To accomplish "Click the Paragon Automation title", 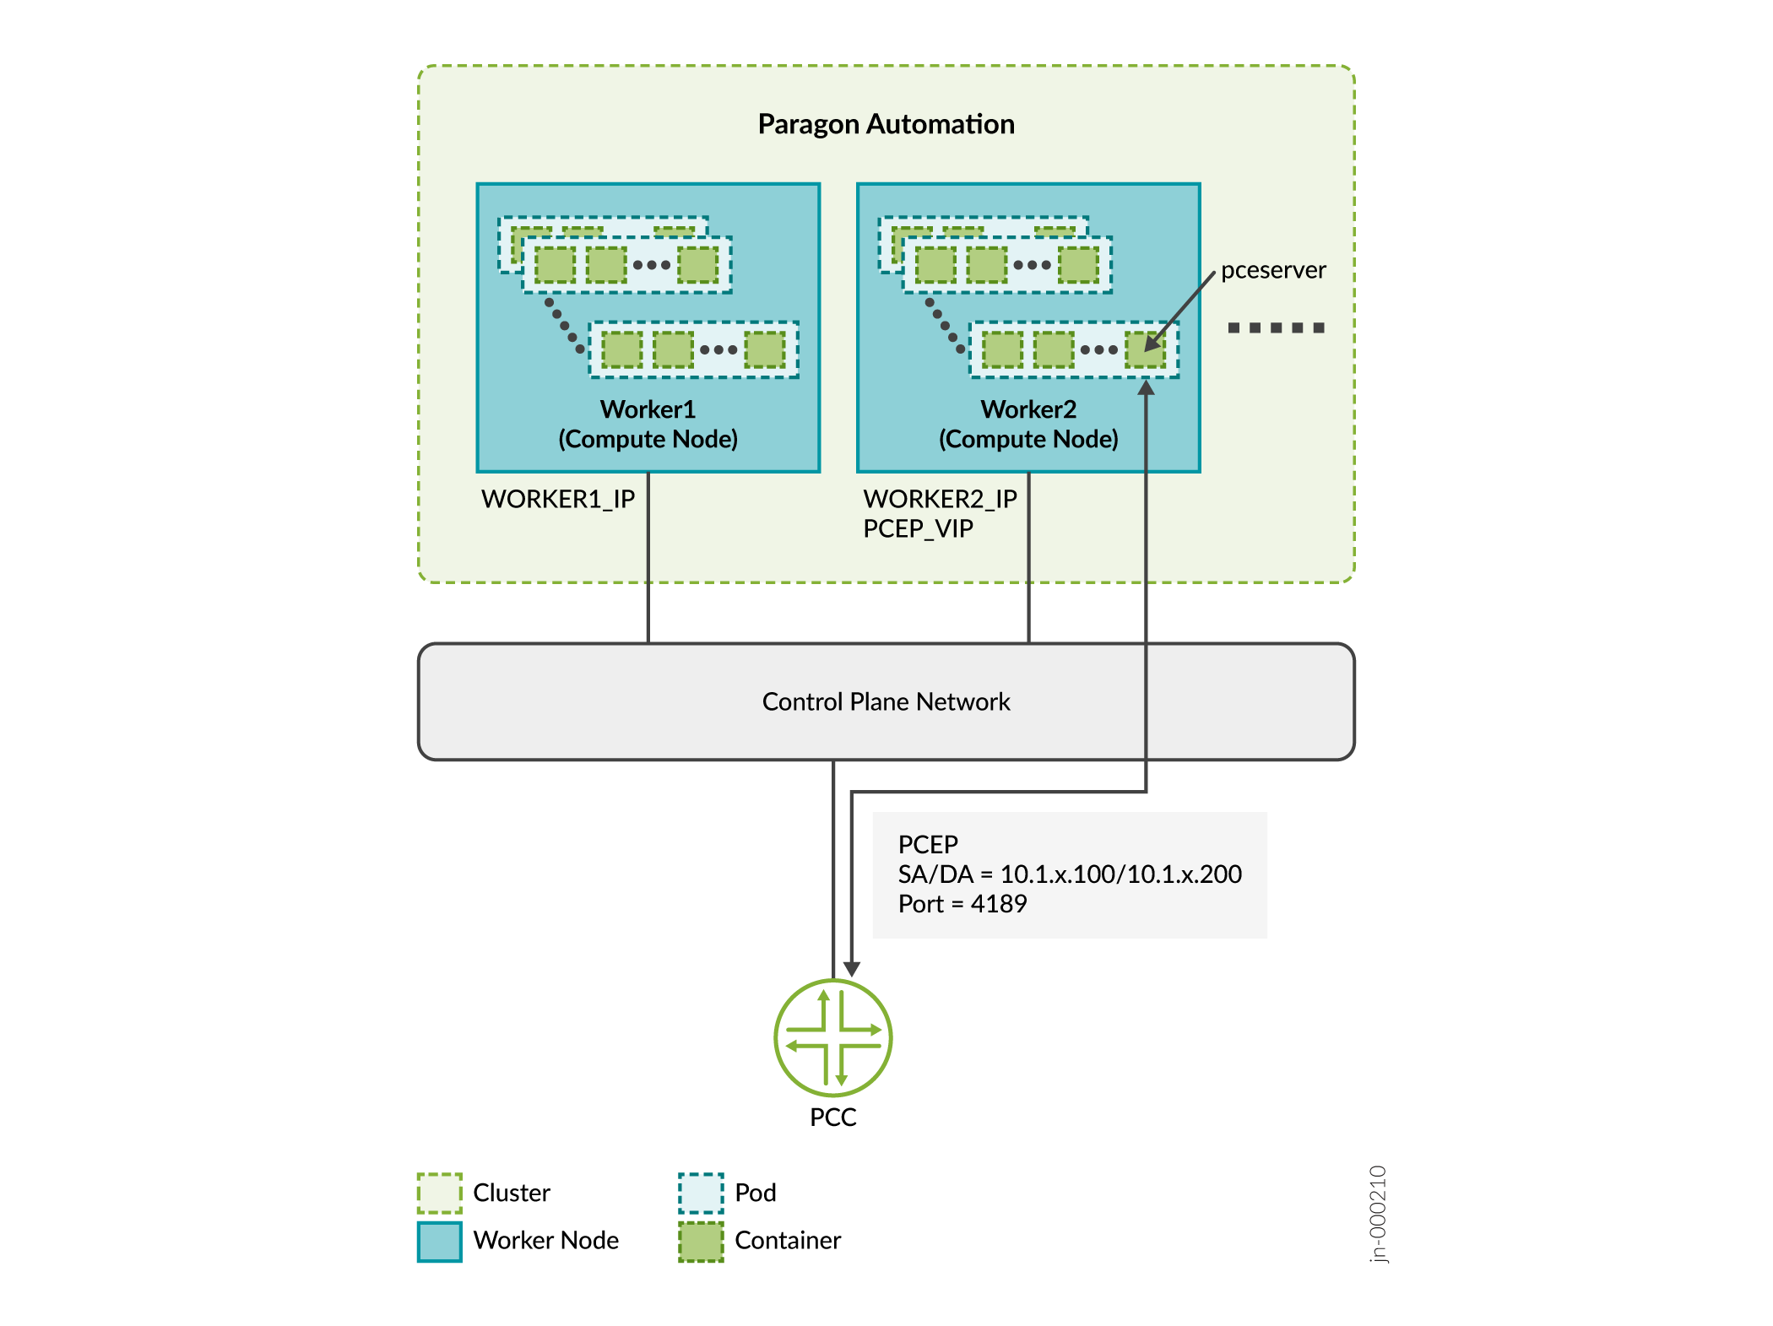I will click(x=886, y=124).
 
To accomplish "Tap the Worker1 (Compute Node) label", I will click(x=648, y=424).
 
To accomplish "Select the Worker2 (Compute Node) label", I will click(x=1028, y=424).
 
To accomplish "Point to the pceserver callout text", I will click(x=1273, y=270).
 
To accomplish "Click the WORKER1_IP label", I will click(x=558, y=499).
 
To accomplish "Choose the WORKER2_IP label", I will click(x=940, y=499).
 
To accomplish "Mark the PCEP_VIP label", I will click(x=918, y=528).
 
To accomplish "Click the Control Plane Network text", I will click(x=886, y=701).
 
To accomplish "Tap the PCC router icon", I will click(x=833, y=1037).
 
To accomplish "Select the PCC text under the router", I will click(x=833, y=1118).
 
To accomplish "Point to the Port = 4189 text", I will click(x=962, y=904).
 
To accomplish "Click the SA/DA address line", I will click(x=1070, y=874).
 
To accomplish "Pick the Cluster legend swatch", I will click(x=440, y=1193).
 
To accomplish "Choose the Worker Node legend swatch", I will click(x=440, y=1242).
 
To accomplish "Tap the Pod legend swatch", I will click(x=702, y=1193).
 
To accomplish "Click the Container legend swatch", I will click(x=702, y=1242).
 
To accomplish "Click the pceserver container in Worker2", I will click(x=1145, y=349).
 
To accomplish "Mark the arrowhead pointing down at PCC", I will click(x=852, y=968).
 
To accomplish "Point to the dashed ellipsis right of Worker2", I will click(x=1276, y=327).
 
